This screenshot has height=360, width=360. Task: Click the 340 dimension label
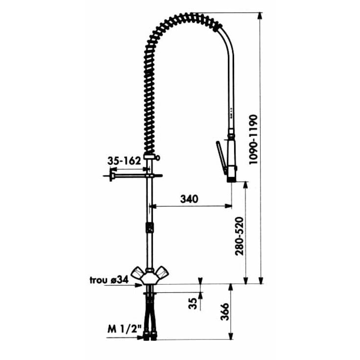[x=189, y=199]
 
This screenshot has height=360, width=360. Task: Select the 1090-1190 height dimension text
[x=254, y=140]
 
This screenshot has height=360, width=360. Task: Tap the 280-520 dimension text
[x=239, y=236]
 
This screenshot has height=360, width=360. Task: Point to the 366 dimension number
[x=224, y=312]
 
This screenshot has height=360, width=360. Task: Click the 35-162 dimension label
[x=124, y=161]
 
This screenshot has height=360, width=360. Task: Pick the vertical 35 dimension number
[x=193, y=304]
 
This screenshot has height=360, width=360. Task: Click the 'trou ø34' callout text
[x=109, y=280]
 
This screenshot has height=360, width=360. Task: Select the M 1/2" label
[x=124, y=330]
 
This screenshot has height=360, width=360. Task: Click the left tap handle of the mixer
[x=137, y=273]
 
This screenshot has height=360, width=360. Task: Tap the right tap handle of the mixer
[x=162, y=273]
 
